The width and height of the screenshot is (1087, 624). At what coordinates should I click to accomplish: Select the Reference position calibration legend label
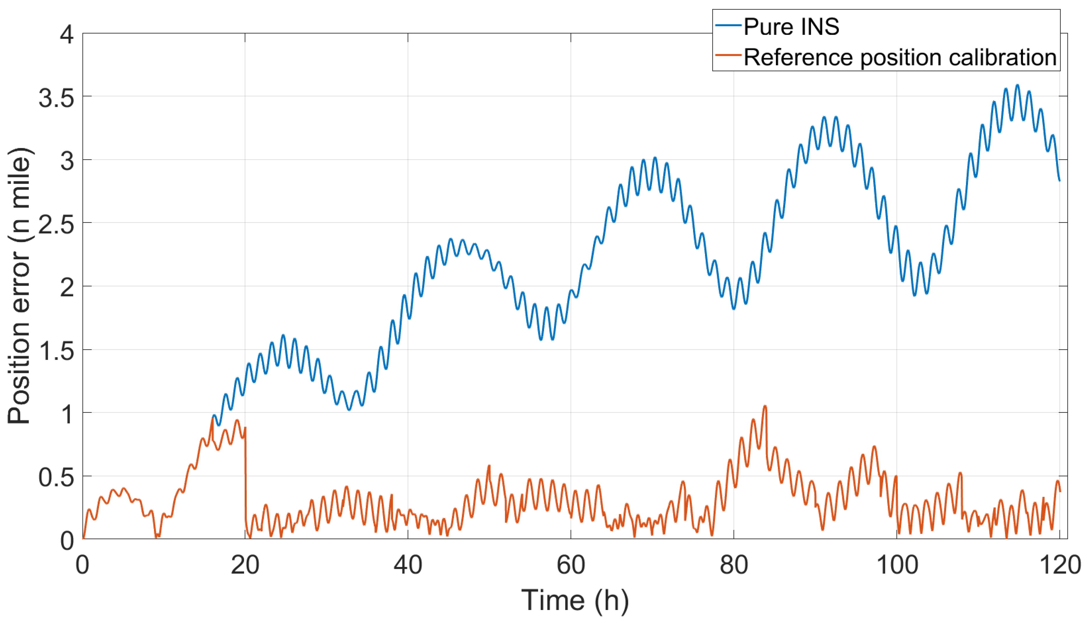tap(900, 57)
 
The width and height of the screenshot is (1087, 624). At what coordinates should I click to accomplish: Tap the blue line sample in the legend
tap(728, 26)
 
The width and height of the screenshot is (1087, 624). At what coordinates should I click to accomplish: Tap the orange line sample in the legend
tap(728, 56)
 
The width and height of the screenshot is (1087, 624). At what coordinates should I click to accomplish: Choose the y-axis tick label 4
tap(66, 34)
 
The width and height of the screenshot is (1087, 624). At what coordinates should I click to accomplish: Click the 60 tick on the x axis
tap(571, 565)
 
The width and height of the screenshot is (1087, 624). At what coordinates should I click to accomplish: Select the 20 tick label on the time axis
tap(245, 565)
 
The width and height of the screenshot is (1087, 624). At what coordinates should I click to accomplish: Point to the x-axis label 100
tap(897, 565)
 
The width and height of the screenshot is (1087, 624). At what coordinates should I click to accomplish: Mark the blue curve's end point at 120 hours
tap(1059, 180)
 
